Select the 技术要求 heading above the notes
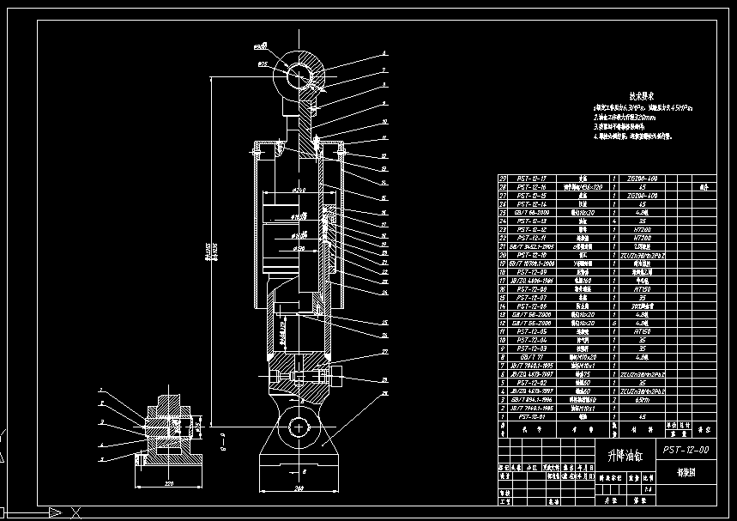[642, 95]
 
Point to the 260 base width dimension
[299, 489]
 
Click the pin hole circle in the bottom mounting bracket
[300, 426]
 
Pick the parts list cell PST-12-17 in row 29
[535, 179]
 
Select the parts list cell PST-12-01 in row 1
[535, 418]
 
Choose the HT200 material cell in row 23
[638, 229]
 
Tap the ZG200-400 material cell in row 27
[638, 196]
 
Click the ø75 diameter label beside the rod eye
[263, 63]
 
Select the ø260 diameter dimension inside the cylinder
[299, 189]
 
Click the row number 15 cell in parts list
[504, 298]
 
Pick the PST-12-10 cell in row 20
[535, 255]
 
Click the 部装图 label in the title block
[686, 471]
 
